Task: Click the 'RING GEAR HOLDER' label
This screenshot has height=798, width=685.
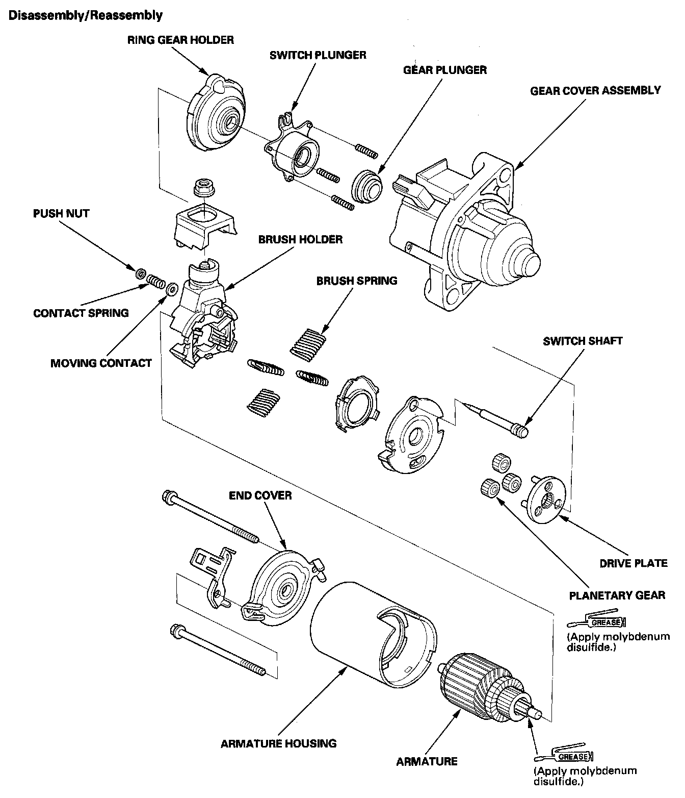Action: (180, 40)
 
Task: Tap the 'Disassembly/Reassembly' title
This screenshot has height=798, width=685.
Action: (86, 15)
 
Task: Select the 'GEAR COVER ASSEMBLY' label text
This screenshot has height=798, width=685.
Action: (595, 91)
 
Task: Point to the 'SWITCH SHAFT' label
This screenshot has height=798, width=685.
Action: (583, 341)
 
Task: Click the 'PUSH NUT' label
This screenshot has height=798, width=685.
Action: (61, 213)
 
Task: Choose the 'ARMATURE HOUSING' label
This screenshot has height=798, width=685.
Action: (278, 743)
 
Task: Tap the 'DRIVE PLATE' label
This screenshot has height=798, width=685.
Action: (634, 563)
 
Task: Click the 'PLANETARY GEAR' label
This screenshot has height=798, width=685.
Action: (617, 595)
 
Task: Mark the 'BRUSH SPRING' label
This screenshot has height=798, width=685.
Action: (357, 281)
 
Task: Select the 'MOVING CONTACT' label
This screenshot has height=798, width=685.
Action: (101, 363)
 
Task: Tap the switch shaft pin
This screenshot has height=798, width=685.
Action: (497, 416)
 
